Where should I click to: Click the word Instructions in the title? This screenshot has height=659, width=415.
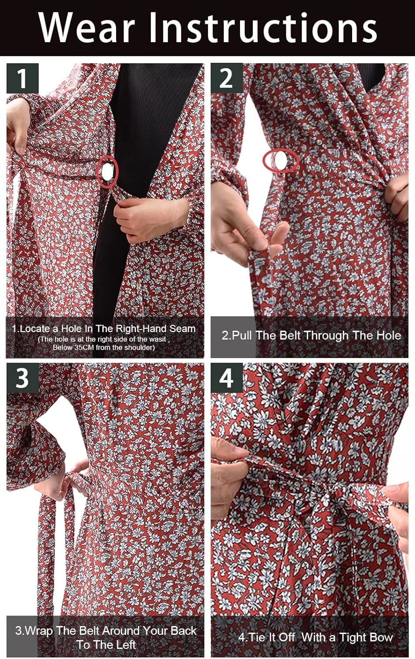[263, 28]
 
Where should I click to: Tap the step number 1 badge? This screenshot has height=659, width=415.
[22, 78]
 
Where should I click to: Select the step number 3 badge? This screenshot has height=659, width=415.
[22, 378]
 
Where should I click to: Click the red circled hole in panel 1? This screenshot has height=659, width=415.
[107, 172]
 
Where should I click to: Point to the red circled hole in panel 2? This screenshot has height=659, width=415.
[281, 160]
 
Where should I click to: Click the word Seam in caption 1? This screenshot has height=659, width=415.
[182, 329]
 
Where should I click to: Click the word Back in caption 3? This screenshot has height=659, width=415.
[184, 630]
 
